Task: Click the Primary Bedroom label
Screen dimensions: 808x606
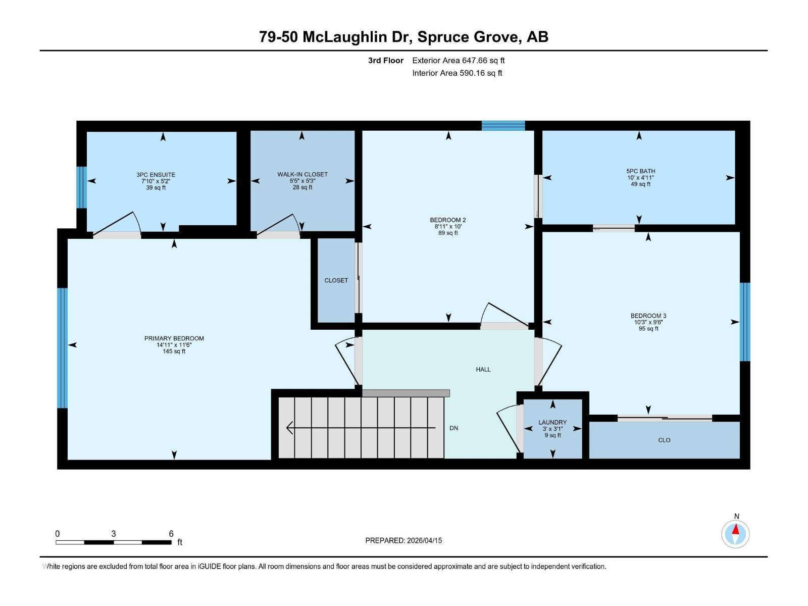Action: (174, 338)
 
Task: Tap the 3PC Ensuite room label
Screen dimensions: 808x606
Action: (156, 175)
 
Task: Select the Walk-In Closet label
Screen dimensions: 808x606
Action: (302, 174)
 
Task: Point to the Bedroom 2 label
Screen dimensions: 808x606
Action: (447, 220)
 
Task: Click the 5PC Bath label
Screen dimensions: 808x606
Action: (640, 171)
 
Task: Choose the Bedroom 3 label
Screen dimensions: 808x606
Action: (648, 316)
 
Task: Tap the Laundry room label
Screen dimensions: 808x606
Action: (552, 422)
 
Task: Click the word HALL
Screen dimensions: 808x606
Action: (483, 370)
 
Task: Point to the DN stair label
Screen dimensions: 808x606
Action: (453, 428)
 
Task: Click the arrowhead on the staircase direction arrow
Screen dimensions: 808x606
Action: (289, 428)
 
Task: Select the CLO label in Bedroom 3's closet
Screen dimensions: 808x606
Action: (664, 440)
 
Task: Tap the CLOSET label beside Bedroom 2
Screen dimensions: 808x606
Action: (336, 280)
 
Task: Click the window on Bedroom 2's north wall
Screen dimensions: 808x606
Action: (503, 125)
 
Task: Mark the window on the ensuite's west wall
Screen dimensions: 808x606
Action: (81, 187)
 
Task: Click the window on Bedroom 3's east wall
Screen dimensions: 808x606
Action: (745, 322)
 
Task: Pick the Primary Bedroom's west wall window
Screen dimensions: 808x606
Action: (62, 348)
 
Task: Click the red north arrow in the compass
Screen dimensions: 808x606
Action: (735, 529)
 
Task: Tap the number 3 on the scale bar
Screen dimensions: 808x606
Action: (114, 533)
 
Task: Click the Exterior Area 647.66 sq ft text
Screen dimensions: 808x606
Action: (459, 60)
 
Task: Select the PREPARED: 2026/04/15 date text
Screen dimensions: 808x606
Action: (403, 540)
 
